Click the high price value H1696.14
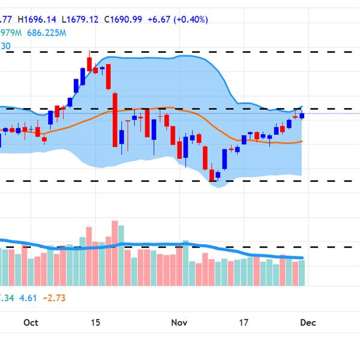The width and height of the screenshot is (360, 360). click(46, 20)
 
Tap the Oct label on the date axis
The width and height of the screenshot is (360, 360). click(31, 323)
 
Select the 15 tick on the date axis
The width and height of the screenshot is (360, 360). click(95, 323)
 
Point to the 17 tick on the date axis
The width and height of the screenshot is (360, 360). click(244, 323)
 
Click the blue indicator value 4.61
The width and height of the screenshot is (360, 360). click(28, 298)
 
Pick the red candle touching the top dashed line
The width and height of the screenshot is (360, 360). click(89, 63)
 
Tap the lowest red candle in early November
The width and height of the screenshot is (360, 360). click(211, 174)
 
